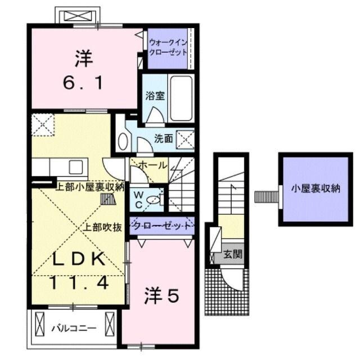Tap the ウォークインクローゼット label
(167, 47)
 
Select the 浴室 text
(155, 95)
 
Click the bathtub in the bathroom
(181, 99)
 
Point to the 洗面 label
(164, 138)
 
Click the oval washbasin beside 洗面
(123, 141)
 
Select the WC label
(138, 197)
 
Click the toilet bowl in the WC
(156, 198)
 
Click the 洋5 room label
(163, 296)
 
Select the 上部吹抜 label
(103, 228)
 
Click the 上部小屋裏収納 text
(90, 187)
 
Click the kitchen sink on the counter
(75, 166)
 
